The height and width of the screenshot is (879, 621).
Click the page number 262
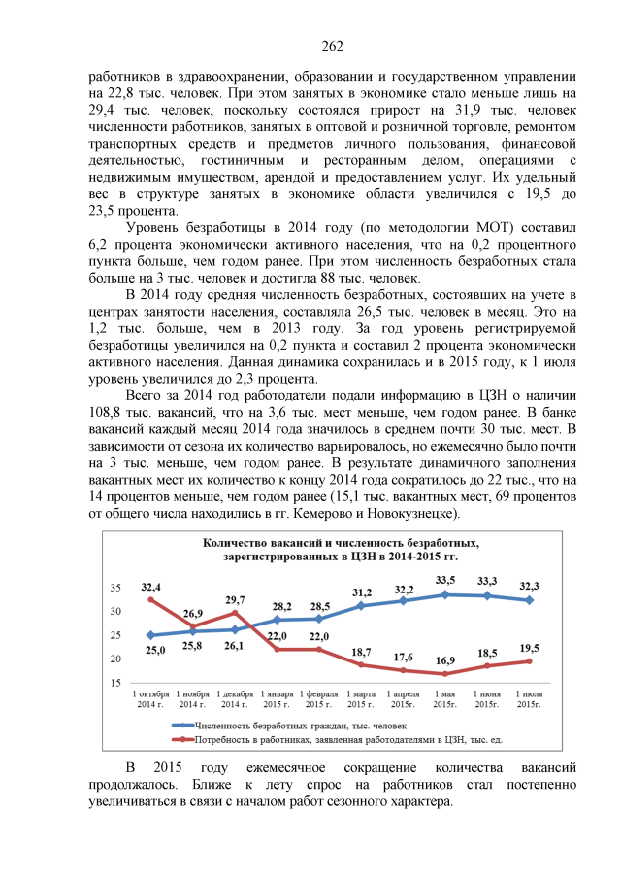[332, 47]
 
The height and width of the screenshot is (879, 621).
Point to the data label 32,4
[151, 587]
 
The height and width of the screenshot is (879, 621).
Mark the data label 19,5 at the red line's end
[529, 648]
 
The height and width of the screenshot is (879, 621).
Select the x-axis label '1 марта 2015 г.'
[361, 699]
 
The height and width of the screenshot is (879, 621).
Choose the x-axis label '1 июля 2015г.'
[529, 699]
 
